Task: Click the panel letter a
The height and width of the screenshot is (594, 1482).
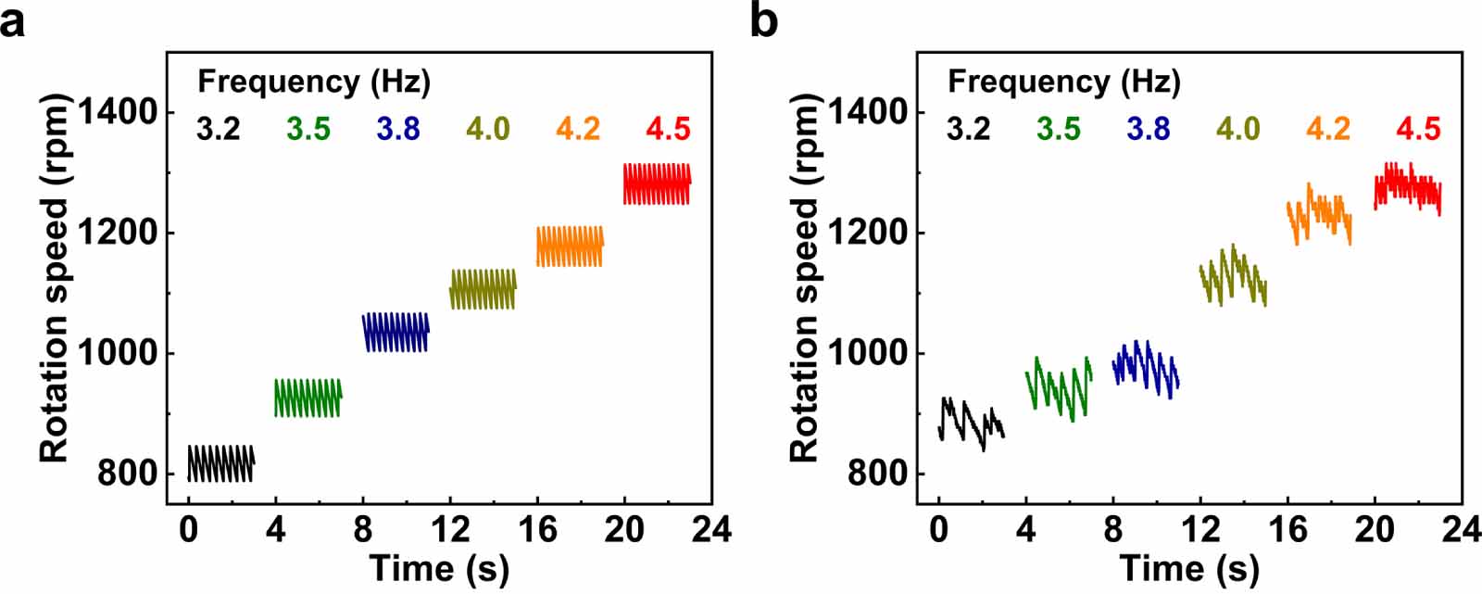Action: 13,20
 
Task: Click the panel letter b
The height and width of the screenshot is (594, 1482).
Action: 763,20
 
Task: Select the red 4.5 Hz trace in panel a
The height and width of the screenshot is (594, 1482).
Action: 656,183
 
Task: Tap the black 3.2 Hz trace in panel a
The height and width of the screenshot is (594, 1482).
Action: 220,463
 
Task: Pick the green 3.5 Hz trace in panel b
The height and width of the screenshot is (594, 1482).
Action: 1058,391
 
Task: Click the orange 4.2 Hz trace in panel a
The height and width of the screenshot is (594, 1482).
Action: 569,246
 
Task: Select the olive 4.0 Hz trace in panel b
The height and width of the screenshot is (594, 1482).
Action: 1232,274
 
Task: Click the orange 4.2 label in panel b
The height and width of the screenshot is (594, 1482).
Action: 1327,129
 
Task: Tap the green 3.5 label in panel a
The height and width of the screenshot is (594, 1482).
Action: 308,129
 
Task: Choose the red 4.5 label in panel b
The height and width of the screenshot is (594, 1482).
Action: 1417,129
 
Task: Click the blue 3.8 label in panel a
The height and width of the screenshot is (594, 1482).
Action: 397,129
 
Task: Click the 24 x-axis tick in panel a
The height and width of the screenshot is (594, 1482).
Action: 710,530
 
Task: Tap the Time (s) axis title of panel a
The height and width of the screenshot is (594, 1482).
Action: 439,567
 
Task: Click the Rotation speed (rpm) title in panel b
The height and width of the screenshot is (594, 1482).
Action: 806,278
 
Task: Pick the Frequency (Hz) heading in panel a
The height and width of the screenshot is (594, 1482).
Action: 314,82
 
